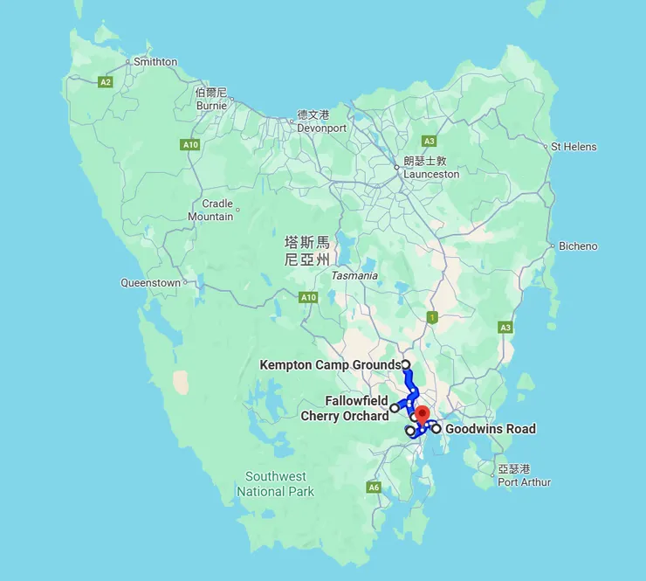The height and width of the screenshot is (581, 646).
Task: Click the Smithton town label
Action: [155, 62]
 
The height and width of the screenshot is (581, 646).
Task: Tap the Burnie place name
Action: [211, 106]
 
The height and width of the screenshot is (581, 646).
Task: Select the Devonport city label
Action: [321, 128]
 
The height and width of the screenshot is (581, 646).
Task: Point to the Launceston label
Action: [430, 174]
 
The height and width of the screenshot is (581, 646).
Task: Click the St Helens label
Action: [574, 147]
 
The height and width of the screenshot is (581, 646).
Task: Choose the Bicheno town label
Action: [578, 246]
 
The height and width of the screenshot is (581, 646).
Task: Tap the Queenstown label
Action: [150, 283]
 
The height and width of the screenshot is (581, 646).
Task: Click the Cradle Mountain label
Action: [211, 210]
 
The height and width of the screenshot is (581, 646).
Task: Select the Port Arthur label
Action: [524, 481]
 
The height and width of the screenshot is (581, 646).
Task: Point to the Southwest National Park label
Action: [275, 484]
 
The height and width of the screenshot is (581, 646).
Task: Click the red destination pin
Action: [422, 415]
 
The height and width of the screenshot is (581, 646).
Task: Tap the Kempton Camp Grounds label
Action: [330, 365]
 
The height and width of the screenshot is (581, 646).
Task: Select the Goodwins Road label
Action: [490, 429]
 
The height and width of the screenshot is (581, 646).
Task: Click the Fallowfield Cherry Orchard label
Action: [345, 408]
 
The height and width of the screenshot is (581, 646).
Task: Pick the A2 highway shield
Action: [106, 82]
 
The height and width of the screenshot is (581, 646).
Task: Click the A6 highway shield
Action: [374, 488]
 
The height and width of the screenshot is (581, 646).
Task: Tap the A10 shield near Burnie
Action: [189, 144]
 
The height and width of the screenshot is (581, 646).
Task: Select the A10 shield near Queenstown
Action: [308, 298]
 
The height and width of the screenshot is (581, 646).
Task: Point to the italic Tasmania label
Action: [354, 276]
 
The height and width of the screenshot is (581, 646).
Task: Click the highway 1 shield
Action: [431, 317]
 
